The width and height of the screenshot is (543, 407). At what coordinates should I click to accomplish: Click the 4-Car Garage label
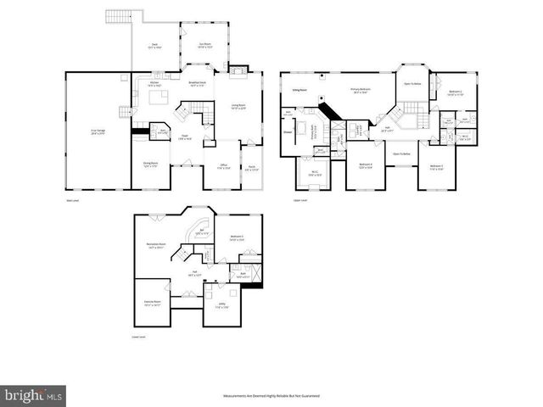(x=98, y=132)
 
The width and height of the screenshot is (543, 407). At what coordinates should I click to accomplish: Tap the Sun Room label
(x=204, y=46)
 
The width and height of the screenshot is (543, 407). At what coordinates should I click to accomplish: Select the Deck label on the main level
(x=154, y=46)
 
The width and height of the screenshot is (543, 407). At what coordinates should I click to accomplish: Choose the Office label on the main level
(x=222, y=166)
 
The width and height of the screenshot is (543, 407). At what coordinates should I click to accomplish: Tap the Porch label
(x=253, y=169)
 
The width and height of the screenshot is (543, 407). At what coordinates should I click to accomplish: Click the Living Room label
(x=238, y=106)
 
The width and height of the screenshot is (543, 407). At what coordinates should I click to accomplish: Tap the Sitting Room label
(x=299, y=88)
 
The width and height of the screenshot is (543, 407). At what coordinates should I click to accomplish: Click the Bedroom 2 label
(x=455, y=92)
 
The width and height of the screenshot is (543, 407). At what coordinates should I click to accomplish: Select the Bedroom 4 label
(x=366, y=166)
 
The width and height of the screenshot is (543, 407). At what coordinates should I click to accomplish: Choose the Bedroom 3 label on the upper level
(x=437, y=166)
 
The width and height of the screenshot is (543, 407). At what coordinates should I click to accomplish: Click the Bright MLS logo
(x=34, y=395)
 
